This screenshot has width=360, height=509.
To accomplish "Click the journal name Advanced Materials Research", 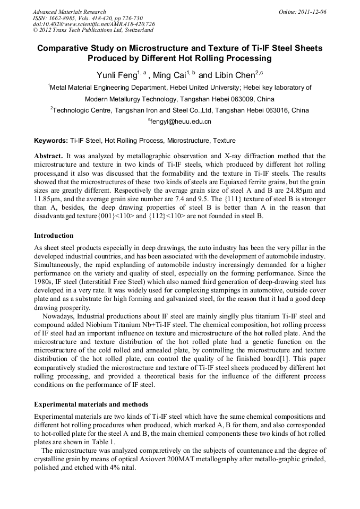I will point(69,12).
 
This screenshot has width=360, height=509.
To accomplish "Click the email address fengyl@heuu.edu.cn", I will point(181,122).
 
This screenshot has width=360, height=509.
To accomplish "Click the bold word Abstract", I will point(48,157).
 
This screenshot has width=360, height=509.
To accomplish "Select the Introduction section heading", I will point(54,235).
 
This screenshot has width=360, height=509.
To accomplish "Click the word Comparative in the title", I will point(63,48).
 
